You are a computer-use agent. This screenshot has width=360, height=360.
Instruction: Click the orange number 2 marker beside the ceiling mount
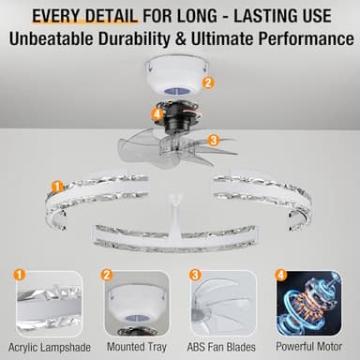[x=208, y=82]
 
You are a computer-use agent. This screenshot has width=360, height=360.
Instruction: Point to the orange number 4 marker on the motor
[x=157, y=114]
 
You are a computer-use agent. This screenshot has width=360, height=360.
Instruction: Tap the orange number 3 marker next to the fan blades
[x=214, y=141]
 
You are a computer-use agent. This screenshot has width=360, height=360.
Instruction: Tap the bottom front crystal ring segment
[x=178, y=238]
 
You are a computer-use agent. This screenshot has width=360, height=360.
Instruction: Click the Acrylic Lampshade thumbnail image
[x=46, y=304]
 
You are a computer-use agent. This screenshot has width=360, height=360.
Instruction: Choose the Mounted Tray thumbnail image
[x=136, y=304]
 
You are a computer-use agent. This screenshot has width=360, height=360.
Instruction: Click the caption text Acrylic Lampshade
[x=46, y=347]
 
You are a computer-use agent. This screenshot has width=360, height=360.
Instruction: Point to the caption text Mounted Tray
[x=136, y=347]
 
